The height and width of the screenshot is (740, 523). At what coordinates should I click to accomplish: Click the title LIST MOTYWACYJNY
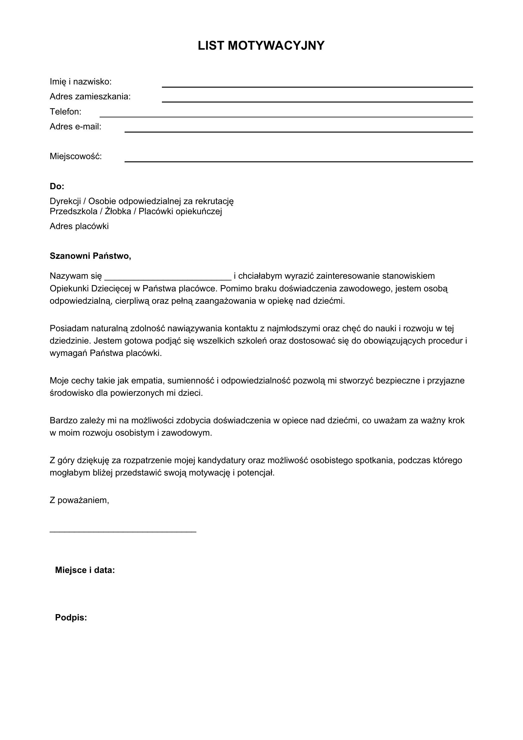pos(261,46)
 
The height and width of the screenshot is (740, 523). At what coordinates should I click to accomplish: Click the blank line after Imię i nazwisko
pos(317,86)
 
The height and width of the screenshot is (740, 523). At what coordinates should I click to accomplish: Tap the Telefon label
pos(65,111)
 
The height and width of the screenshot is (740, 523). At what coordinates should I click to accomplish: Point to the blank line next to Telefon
pos(286,116)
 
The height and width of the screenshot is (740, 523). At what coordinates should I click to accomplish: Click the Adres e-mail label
pos(75,127)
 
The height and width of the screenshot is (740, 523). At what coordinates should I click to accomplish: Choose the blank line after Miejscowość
pos(298,161)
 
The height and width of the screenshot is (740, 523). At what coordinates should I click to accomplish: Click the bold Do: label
pos(57,186)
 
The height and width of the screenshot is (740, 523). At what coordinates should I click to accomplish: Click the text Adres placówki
pos(79,226)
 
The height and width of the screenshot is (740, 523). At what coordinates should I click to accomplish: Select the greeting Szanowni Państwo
pos(90,256)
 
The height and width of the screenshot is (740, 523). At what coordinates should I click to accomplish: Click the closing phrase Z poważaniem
pos(79,500)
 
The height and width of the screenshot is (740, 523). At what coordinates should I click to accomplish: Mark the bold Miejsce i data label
pos(85,570)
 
